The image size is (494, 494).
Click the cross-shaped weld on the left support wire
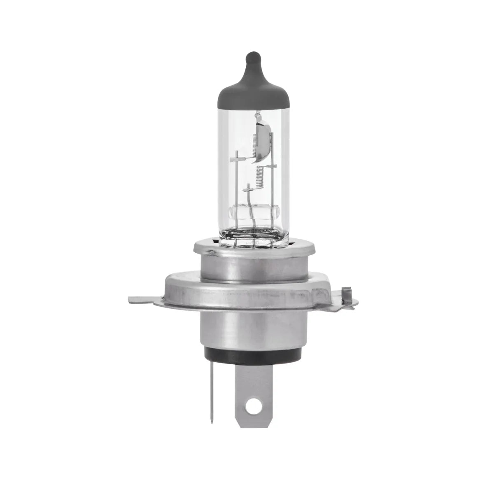(x=237, y=158)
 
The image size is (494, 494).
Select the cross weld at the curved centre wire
(x=247, y=191)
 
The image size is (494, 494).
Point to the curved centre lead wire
(x=249, y=206)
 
